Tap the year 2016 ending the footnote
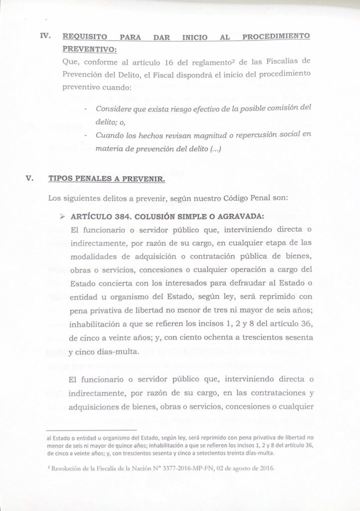coord(266,469)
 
